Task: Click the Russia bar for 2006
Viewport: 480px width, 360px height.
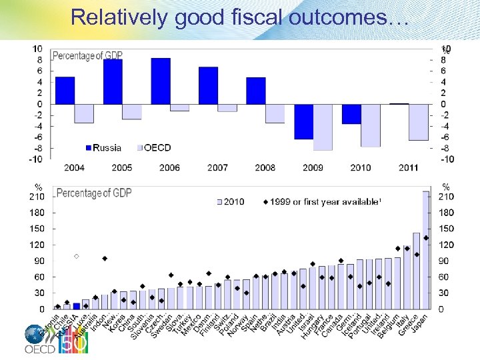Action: pos(161,81)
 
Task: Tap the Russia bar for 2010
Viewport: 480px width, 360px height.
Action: pos(351,113)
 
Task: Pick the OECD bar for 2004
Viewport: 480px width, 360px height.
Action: pos(84,113)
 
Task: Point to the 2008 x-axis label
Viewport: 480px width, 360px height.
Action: pos(265,167)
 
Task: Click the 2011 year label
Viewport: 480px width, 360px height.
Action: pos(409,167)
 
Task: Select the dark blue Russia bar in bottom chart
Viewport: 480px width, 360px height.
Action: pos(76,306)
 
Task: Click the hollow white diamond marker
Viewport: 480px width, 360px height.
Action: pos(76,256)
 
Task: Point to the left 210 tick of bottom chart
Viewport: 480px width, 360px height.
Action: pos(36,197)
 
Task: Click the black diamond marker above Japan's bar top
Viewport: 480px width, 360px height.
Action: pos(426,238)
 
